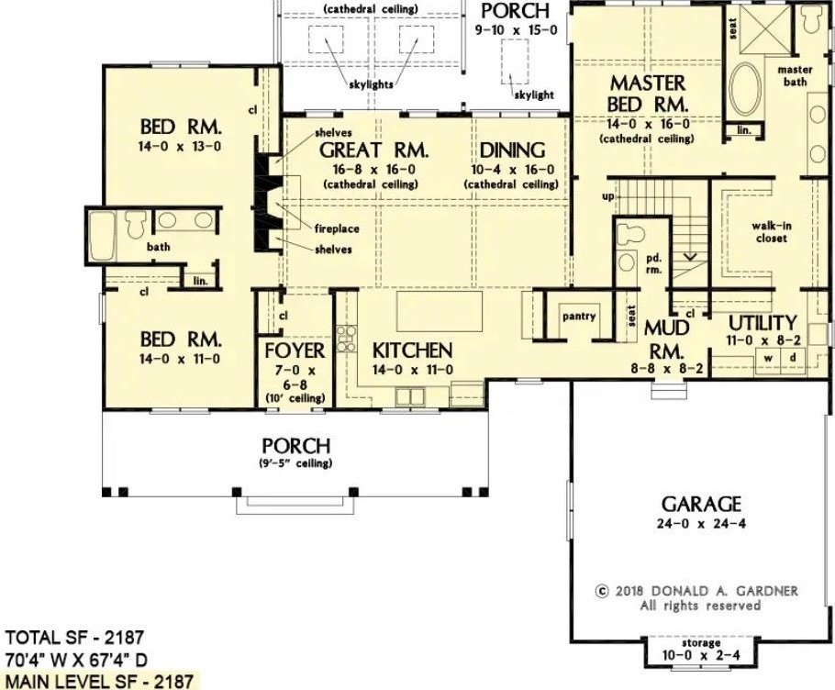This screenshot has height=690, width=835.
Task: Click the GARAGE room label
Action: click(701, 504)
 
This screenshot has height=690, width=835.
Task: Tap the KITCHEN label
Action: click(412, 351)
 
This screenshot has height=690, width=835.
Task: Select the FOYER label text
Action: click(295, 351)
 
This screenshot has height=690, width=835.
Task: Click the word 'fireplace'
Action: click(337, 229)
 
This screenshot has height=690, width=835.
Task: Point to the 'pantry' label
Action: click(579, 317)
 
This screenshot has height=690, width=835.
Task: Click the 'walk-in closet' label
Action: click(771, 232)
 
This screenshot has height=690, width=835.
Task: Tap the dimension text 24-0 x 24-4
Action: click(701, 524)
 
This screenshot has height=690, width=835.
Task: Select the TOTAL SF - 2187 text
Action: click(74, 637)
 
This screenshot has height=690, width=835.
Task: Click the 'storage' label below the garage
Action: click(700, 643)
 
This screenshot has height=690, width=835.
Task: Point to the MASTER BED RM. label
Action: click(648, 94)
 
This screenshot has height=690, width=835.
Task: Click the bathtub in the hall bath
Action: click(103, 236)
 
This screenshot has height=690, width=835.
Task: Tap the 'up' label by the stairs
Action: click(607, 196)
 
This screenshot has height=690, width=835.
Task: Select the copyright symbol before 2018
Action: click(602, 591)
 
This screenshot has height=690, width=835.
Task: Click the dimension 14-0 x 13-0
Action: click(180, 147)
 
